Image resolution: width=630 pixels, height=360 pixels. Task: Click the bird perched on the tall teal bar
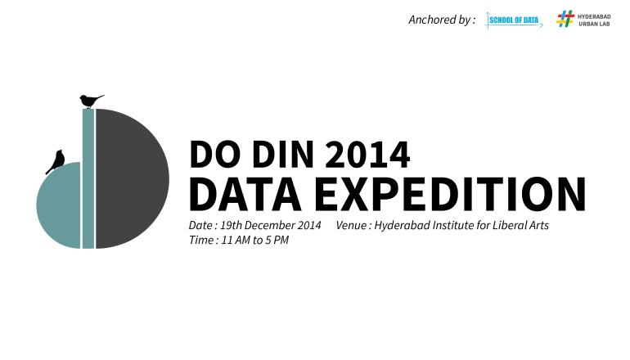(91, 101)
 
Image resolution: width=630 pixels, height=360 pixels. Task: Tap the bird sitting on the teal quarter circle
(56, 161)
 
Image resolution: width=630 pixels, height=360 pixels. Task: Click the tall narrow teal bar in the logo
(88, 179)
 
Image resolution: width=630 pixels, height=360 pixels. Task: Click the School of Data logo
(514, 20)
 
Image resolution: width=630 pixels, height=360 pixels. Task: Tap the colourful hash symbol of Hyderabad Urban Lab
(565, 19)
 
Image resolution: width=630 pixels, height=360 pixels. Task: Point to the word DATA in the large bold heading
(245, 194)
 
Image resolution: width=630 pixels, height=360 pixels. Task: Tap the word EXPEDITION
(450, 194)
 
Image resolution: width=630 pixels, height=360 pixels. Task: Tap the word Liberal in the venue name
(510, 225)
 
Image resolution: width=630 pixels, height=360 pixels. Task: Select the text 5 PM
(276, 241)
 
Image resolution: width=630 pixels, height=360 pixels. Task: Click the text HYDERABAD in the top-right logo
(594, 17)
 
